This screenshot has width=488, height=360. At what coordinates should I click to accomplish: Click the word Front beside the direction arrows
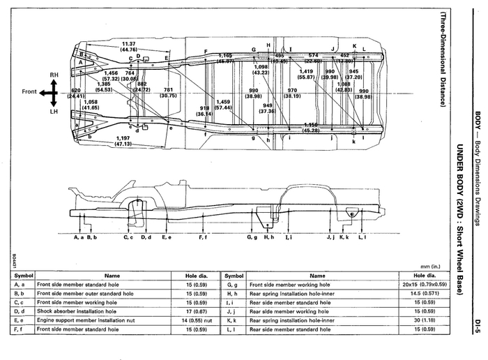29,91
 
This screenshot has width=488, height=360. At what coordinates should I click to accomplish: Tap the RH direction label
54,74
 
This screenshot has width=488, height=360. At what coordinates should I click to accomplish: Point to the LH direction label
54,111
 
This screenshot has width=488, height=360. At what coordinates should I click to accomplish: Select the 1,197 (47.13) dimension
124,141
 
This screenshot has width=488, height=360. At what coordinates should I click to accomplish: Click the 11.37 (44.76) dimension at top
128,46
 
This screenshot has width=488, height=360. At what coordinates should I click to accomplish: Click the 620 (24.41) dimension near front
76,93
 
